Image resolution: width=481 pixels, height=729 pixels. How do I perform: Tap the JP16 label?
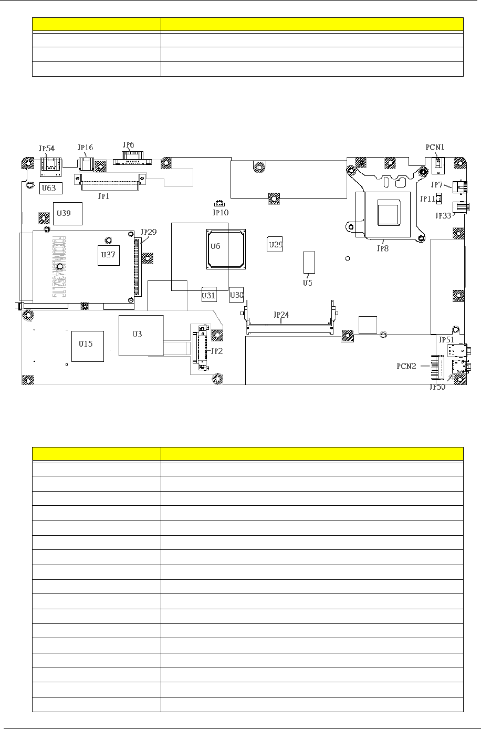[85, 148]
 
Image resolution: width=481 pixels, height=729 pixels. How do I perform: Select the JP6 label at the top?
[128, 144]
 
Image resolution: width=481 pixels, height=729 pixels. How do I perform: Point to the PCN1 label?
[435, 147]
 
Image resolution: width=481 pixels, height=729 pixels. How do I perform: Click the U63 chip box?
[51, 187]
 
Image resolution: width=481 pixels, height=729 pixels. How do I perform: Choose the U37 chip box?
[108, 254]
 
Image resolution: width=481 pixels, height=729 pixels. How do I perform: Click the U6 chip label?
[215, 246]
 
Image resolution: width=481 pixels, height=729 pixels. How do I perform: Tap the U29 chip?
[276, 245]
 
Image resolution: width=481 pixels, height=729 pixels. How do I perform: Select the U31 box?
[208, 296]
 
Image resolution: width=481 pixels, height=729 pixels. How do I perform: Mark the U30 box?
[237, 295]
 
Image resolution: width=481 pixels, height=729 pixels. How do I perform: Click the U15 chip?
[86, 344]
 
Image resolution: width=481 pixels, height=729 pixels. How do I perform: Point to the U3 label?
[137, 334]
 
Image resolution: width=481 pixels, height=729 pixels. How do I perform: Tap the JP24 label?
[281, 315]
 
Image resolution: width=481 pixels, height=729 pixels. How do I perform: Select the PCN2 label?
[406, 366]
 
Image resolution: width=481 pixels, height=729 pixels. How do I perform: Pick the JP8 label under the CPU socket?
[383, 248]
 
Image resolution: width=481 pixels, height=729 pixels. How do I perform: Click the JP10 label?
[220, 213]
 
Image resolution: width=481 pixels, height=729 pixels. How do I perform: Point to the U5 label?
[307, 283]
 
